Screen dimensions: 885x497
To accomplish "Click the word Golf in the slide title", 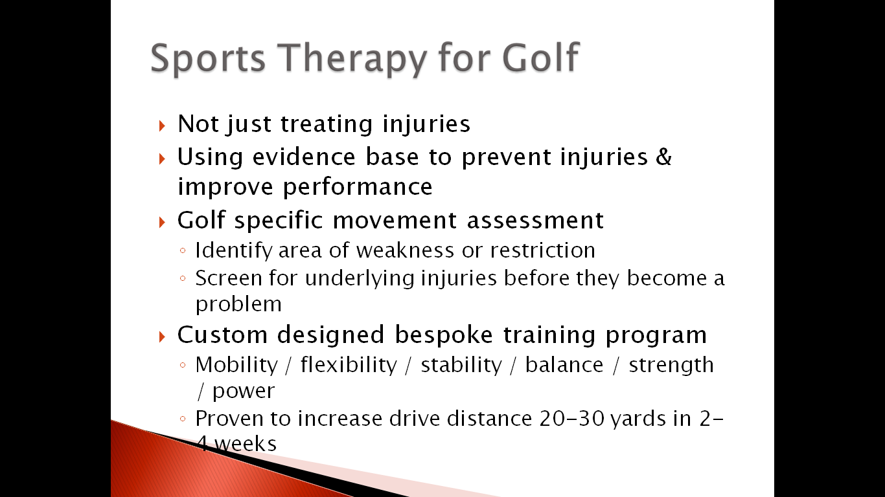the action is [540, 58].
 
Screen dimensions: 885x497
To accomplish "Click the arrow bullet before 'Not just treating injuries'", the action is [161, 126].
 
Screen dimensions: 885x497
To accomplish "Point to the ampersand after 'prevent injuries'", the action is [663, 157].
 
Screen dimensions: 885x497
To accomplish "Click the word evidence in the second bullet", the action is [304, 157].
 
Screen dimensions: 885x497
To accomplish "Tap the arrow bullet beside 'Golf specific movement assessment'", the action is [161, 222].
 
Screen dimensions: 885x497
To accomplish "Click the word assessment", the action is [535, 220].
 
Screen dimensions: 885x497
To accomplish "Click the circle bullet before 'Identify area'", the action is [183, 250].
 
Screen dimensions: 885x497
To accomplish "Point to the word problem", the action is [238, 304].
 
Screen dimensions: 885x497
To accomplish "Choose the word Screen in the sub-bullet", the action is [229, 278].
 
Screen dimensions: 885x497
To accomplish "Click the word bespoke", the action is [444, 335].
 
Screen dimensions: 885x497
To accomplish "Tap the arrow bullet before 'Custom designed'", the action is [161, 337].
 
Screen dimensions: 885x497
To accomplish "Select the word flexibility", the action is [349, 364].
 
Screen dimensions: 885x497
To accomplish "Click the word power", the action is [244, 392].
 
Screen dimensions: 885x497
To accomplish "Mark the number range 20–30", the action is [572, 419].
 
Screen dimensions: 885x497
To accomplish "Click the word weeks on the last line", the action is [246, 444].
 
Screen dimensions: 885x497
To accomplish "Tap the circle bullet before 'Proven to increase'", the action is [183, 419].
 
